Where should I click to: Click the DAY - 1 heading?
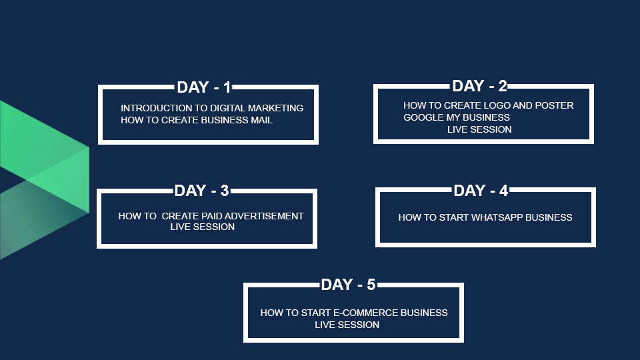pyautogui.click(x=204, y=87)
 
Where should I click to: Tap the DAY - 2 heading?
pyautogui.click(x=479, y=86)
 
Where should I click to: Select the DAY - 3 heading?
pyautogui.click(x=201, y=191)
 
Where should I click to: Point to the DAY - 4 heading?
pyautogui.click(x=481, y=191)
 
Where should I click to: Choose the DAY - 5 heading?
pyautogui.click(x=348, y=285)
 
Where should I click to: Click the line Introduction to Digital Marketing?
pyautogui.click(x=212, y=108)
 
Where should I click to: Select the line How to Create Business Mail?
pyautogui.click(x=196, y=120)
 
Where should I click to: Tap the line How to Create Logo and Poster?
pyautogui.click(x=488, y=105)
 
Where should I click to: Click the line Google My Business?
pyautogui.click(x=456, y=117)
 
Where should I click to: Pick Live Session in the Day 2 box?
pyautogui.click(x=479, y=129)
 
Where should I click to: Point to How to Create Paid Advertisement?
pyautogui.click(x=211, y=216)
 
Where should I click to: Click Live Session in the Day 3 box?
pyautogui.click(x=203, y=227)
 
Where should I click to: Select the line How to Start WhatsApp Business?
pyautogui.click(x=485, y=217)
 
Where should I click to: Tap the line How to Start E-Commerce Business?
pyautogui.click(x=354, y=313)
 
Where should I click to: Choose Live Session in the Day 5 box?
pyautogui.click(x=347, y=325)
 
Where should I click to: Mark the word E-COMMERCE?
pyautogui.click(x=366, y=313)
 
